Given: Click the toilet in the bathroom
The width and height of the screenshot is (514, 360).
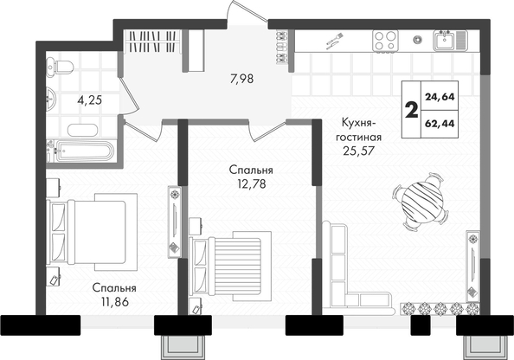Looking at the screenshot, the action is [x=60, y=67].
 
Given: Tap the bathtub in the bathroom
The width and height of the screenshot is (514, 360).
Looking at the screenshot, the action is [x=81, y=151].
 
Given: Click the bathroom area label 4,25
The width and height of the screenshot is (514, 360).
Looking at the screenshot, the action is [x=89, y=100].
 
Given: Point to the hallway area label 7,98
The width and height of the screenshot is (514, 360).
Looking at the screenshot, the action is [x=242, y=79].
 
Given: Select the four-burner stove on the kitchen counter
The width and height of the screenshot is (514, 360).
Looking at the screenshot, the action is [x=385, y=41].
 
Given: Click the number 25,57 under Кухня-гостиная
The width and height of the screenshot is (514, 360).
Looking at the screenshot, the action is [x=359, y=151].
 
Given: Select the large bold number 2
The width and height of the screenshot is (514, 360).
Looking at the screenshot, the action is [x=411, y=110].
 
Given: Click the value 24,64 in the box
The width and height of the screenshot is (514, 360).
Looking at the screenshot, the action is [x=440, y=97].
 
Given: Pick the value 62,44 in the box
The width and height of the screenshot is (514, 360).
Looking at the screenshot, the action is [x=440, y=123].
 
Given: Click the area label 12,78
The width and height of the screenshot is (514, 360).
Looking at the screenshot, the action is [x=252, y=184].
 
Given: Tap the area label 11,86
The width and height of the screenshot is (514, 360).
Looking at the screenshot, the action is [x=115, y=302].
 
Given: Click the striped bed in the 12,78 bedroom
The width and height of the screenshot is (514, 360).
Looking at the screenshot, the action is [x=230, y=266].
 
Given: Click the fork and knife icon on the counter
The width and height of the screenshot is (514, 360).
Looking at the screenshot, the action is [x=334, y=41].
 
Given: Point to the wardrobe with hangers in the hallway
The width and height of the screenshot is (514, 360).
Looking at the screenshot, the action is [x=153, y=41].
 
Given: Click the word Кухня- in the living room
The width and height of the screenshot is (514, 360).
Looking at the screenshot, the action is [x=358, y=124].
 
